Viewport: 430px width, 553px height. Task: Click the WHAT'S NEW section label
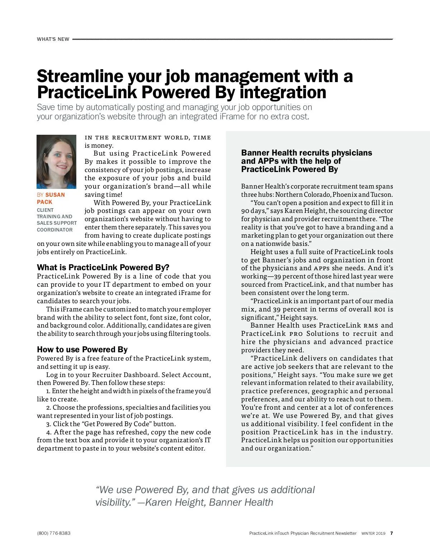point(53,39)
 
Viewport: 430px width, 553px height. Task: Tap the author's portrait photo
point(57,162)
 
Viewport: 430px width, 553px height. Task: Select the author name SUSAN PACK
point(51,198)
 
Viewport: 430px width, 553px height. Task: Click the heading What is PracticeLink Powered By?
point(103,267)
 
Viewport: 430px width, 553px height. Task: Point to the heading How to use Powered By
point(82,349)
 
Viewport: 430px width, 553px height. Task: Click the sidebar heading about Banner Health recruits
point(306,161)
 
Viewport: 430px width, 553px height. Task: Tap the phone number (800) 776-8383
point(54,533)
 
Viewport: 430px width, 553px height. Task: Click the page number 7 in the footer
point(392,533)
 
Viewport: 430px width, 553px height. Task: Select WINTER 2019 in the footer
point(373,533)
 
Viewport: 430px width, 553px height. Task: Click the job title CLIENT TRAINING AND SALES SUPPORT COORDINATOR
point(56,220)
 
